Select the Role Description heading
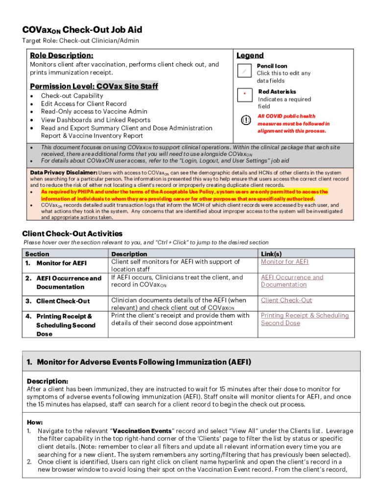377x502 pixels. pyautogui.click(x=62, y=55)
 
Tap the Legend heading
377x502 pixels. pyautogui.click(x=250, y=55)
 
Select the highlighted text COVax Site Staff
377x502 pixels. pyautogui.click(x=127, y=86)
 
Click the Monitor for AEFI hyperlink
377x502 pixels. pyautogui.click(x=284, y=262)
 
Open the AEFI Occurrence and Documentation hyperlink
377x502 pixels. pyautogui.click(x=292, y=281)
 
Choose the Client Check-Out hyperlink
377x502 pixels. pyautogui.click(x=286, y=300)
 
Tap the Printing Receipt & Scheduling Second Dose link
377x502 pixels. pyautogui.click(x=305, y=319)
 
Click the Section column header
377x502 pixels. pyautogui.click(x=37, y=254)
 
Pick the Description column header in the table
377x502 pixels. pyautogui.click(x=129, y=254)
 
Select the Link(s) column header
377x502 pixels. pyautogui.click(x=271, y=254)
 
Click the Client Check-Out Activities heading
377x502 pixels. pyautogui.click(x=72, y=234)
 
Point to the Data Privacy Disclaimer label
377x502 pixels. pyautogui.click(x=64, y=173)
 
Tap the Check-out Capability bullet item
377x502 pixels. pyautogui.click(x=72, y=96)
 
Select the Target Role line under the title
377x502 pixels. pyautogui.click(x=80, y=41)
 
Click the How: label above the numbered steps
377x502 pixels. pyautogui.click(x=35, y=422)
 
